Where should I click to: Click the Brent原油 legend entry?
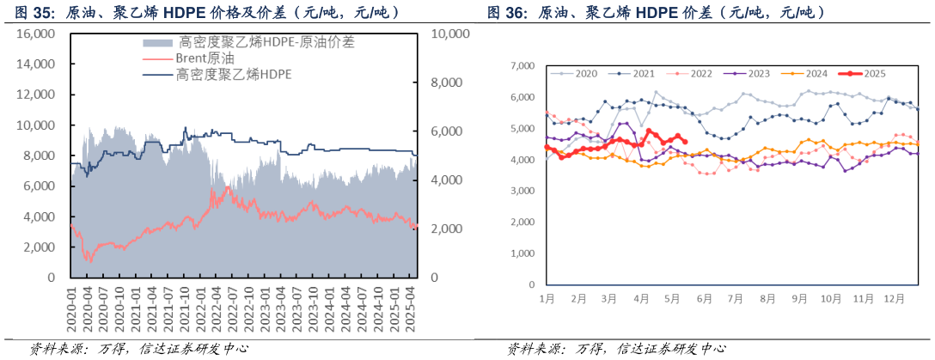[203, 58]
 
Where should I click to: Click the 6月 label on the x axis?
[704, 298]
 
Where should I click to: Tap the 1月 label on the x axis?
[547, 298]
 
